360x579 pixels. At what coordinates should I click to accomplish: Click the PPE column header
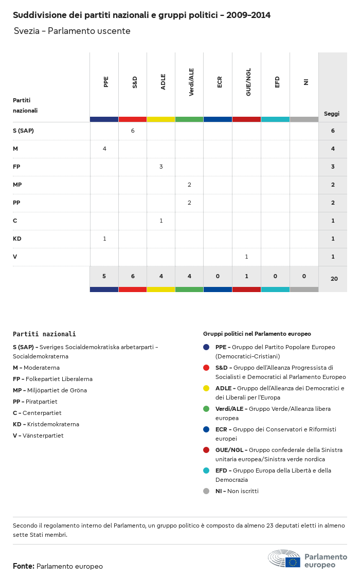[106, 82]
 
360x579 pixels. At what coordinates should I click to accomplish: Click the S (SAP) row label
[23, 131]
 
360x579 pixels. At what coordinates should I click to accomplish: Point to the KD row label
[17, 239]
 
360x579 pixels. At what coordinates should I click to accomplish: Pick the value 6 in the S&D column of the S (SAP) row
[133, 131]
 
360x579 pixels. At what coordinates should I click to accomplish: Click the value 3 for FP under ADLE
[161, 167]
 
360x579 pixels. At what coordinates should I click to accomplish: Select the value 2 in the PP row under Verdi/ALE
[189, 203]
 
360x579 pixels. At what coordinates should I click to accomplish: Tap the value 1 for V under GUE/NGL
[246, 257]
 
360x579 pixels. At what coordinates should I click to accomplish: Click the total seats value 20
[334, 279]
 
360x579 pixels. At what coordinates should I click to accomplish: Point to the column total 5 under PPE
[104, 276]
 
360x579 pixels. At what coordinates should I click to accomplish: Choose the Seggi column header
[332, 114]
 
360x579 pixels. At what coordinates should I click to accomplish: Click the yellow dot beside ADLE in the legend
[206, 388]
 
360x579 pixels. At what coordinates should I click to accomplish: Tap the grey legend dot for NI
[206, 491]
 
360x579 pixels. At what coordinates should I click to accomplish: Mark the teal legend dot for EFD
[206, 471]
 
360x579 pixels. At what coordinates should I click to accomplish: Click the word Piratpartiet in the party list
[41, 402]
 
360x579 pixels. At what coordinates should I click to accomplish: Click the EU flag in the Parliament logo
[293, 562]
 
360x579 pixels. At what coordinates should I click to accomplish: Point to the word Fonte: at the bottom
[24, 566]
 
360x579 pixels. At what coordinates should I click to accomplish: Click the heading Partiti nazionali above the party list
[44, 334]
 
